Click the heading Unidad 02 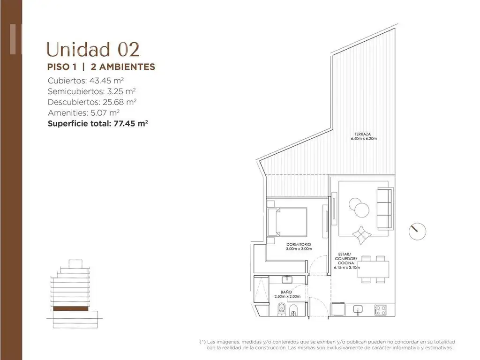[x=93, y=50]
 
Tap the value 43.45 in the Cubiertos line [x=100, y=81]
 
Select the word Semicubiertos [x=76, y=91]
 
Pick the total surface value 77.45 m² [x=131, y=124]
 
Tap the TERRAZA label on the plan [x=363, y=134]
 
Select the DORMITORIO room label [x=299, y=244]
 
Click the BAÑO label [x=286, y=292]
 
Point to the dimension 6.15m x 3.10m [x=347, y=267]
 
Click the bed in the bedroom [x=287, y=222]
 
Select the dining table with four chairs [x=373, y=269]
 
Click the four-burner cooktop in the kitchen [x=380, y=310]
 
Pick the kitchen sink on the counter [x=357, y=309]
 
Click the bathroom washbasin [x=287, y=279]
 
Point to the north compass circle [x=418, y=232]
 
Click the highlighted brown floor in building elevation [x=71, y=308]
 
